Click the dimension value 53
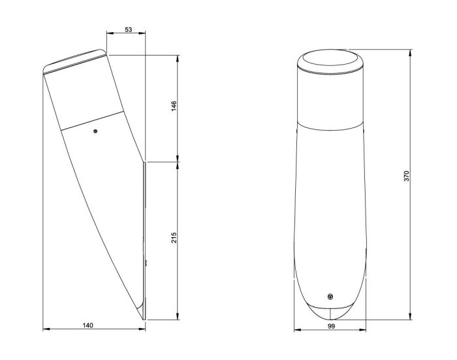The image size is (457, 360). (x=128, y=29)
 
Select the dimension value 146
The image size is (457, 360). (x=174, y=106)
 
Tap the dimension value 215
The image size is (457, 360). (x=174, y=238)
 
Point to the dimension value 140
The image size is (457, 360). (x=87, y=325)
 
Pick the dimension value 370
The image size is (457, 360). (x=407, y=176)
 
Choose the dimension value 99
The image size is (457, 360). (x=332, y=327)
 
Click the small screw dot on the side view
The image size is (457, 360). (x=95, y=131)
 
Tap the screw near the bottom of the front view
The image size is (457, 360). (x=330, y=297)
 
